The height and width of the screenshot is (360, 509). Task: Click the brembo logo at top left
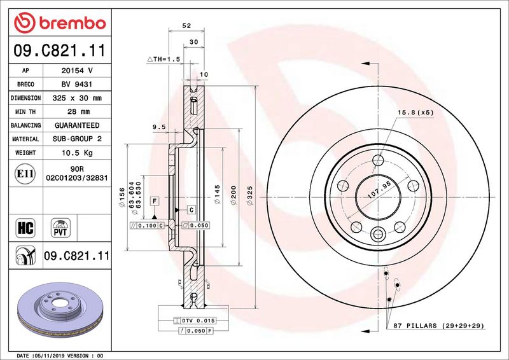click(60, 22)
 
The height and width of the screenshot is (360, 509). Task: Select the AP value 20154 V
click(77, 71)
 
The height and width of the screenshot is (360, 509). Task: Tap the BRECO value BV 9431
click(77, 84)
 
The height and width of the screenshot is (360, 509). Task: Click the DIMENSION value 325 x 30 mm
click(77, 98)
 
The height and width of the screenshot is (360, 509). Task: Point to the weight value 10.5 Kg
click(77, 153)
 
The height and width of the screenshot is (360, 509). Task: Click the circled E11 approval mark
click(25, 174)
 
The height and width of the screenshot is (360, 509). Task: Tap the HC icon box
click(25, 228)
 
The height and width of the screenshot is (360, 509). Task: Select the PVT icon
click(60, 228)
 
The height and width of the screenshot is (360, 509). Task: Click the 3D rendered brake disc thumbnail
click(60, 310)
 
